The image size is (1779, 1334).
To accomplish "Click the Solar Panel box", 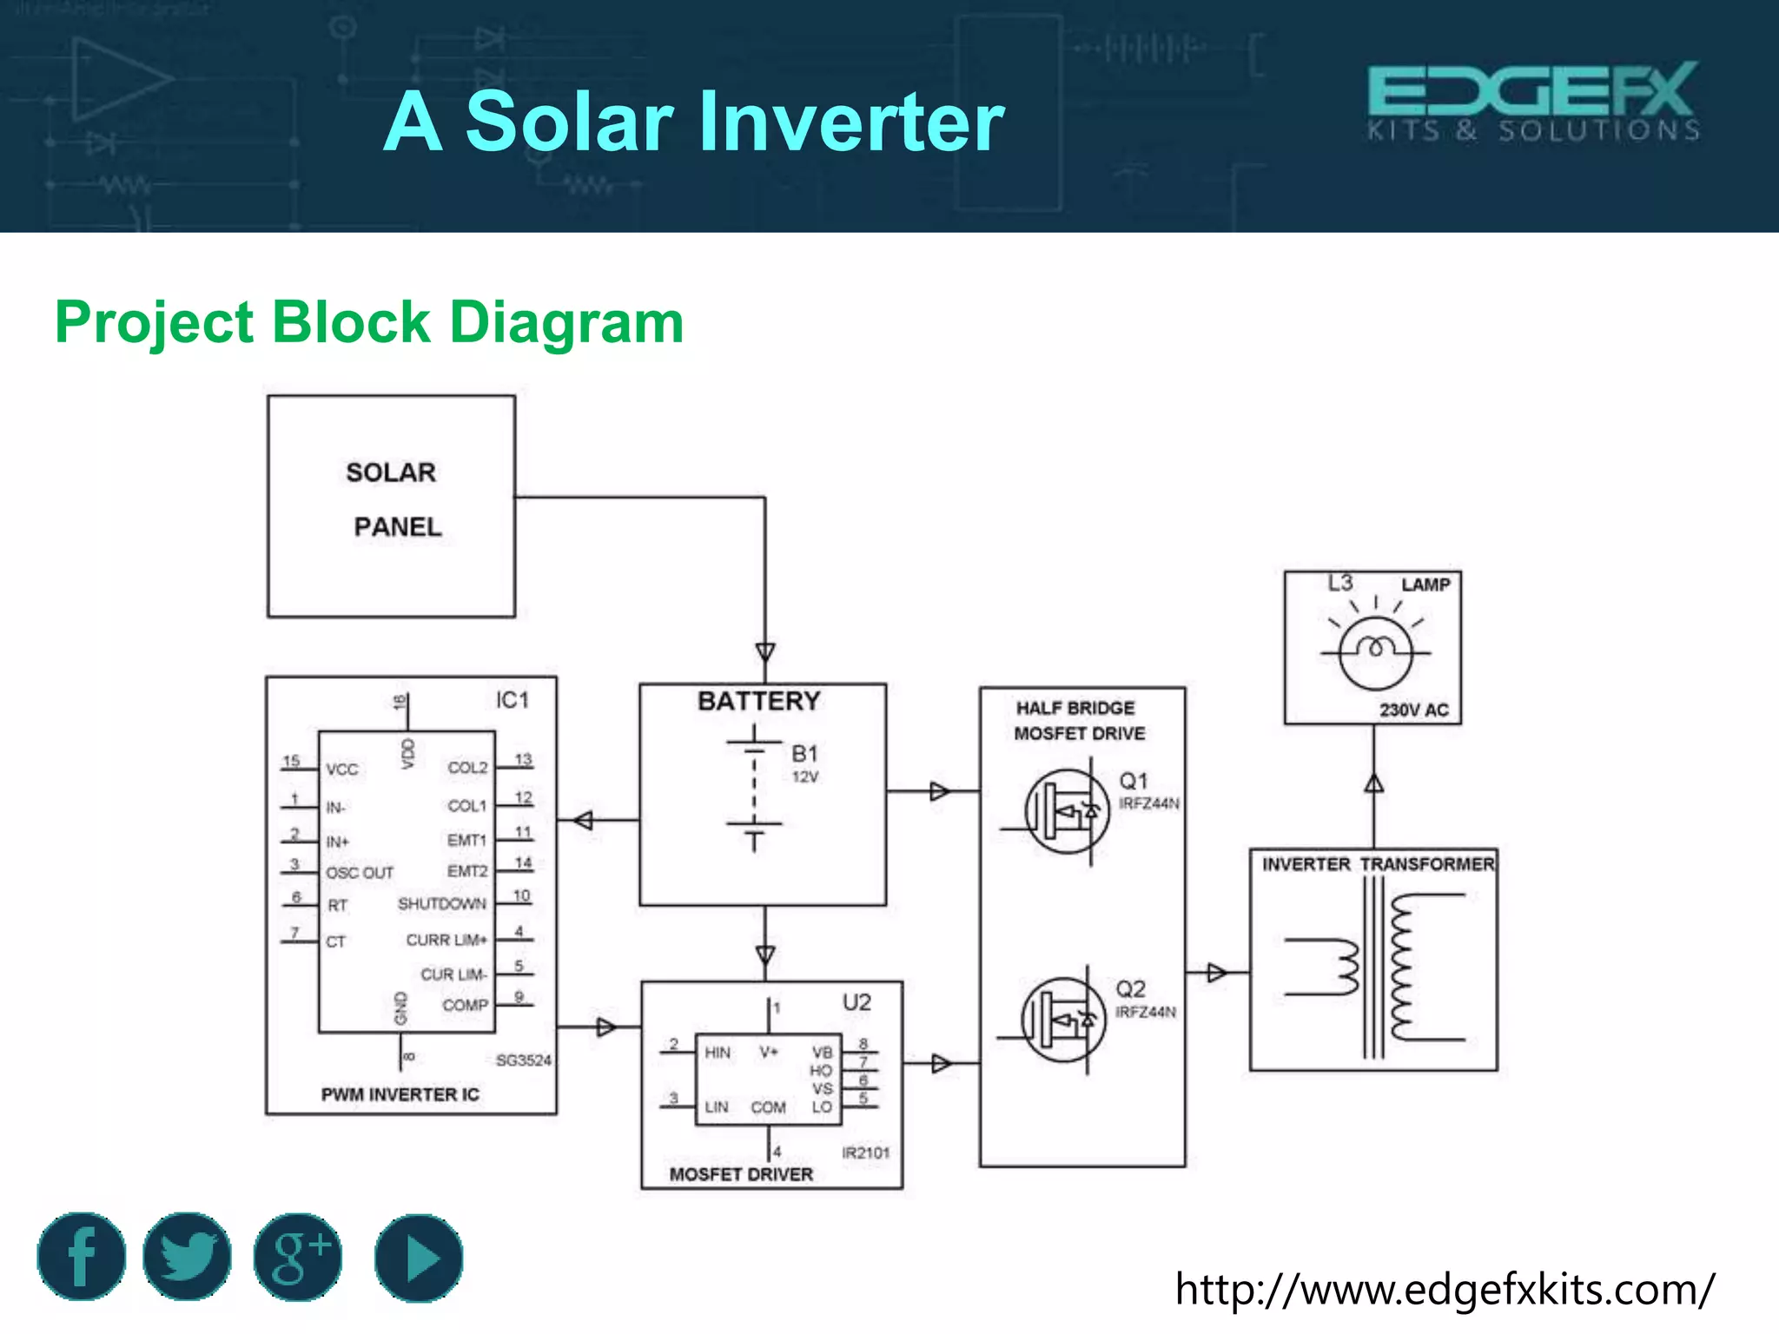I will coord(391,506).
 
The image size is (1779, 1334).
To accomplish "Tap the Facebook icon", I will coord(82,1256).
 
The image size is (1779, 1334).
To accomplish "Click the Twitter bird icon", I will coord(187,1256).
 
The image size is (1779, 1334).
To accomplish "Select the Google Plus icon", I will coord(298,1256).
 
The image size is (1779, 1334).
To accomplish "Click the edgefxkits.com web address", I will coord(1444,1289).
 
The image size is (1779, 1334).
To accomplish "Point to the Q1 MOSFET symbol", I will coord(1067,812).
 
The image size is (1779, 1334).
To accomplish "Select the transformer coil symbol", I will coord(1373,967).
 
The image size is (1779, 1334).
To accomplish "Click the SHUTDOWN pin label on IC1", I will coord(441,904).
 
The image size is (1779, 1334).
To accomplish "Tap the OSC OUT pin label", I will coord(360,873).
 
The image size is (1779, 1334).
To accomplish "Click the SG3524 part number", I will coord(523,1060).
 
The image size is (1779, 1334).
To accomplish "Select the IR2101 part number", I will coord(865,1152).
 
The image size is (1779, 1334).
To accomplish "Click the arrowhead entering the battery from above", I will coord(765,652).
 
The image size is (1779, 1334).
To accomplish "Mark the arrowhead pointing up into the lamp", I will coord(1374,783).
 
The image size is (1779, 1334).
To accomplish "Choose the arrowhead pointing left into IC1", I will coord(583,820).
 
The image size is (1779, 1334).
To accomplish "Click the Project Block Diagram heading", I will coord(369,322).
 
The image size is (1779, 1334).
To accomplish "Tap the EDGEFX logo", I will coord(1532,100).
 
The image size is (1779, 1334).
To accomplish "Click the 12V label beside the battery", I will coord(804,776).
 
